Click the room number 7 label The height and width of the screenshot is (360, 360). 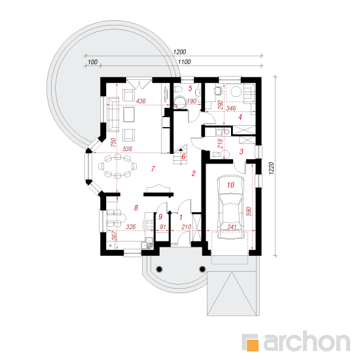pos(153,169)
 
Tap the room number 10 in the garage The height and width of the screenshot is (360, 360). pos(230,185)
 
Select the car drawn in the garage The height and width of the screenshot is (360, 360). pos(230,207)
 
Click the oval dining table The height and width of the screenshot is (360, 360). pos(118,166)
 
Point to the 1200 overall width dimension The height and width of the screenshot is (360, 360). pos(179,52)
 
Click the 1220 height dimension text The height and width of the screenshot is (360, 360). pos(272,168)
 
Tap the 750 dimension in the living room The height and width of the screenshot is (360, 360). pos(113,143)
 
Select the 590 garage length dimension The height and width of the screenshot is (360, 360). pos(249,211)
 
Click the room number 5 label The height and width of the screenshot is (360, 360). pos(190,88)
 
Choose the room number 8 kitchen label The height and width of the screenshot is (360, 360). pos(136,207)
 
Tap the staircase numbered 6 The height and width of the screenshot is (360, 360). pos(181,156)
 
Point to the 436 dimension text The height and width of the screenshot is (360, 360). pos(141,101)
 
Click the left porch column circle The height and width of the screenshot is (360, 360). pos(159,269)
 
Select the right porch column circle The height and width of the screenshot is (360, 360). pos(202,268)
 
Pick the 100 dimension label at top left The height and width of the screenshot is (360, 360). pos(93,62)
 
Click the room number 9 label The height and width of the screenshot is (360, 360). pos(160,217)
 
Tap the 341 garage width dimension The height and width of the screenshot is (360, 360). pos(232,227)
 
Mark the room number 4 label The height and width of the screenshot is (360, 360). pos(240,117)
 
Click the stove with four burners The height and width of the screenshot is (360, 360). pos(149,225)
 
